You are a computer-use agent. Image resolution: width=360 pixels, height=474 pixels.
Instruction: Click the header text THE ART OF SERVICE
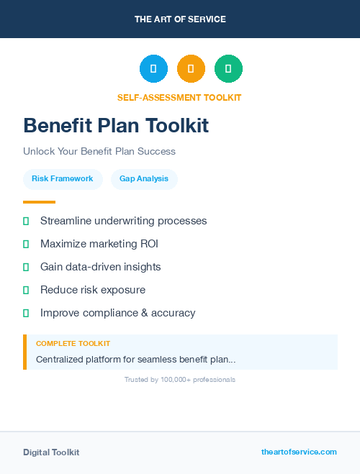180,19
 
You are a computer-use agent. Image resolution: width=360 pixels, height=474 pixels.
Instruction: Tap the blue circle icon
153,69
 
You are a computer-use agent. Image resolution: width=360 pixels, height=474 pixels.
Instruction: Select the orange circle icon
191,69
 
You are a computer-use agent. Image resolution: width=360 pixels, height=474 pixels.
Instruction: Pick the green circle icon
228,69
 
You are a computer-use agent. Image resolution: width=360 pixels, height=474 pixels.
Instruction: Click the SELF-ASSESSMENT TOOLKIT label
179,97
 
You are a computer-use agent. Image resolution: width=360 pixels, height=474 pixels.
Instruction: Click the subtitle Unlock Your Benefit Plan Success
99,151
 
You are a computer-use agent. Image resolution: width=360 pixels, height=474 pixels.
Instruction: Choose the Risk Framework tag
63,178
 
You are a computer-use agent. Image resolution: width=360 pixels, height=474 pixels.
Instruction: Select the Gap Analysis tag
144,178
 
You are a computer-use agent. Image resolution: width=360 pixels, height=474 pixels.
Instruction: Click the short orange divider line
39,202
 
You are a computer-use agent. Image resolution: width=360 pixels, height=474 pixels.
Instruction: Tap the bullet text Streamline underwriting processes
123,221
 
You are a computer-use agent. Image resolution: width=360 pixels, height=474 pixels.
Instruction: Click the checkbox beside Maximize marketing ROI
26,244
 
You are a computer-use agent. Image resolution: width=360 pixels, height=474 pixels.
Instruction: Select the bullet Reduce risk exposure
93,290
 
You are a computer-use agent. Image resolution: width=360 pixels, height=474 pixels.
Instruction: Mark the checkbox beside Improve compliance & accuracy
26,313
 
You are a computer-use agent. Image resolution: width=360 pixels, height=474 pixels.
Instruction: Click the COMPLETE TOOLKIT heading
73,344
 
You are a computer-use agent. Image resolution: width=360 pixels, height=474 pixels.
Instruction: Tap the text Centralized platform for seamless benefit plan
135,359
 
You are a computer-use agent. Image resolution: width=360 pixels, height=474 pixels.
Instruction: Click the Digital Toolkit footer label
51,452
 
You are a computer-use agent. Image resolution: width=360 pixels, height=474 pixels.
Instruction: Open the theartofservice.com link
299,452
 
